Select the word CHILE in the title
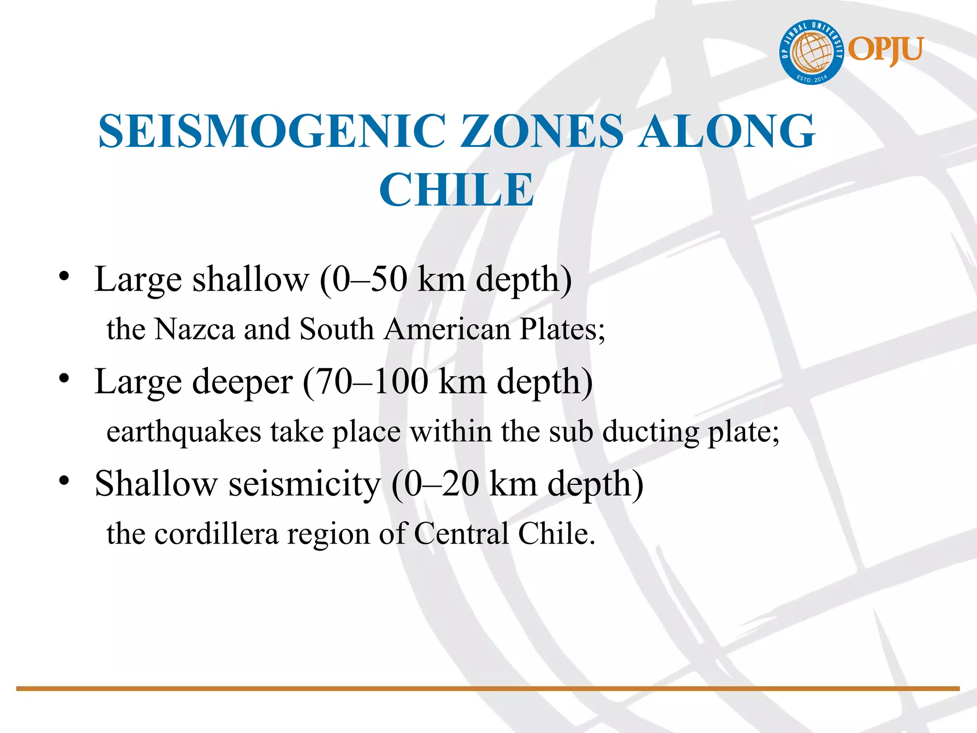[x=457, y=190]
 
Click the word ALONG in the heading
[x=727, y=131]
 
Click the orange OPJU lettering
[x=886, y=50]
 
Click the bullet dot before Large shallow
[x=64, y=276]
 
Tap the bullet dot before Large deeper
[x=64, y=378]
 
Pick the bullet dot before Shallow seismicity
[x=64, y=481]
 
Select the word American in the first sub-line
[x=447, y=329]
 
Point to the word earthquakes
[x=184, y=432]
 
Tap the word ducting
[x=650, y=432]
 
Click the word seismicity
[x=304, y=484]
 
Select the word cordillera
[x=216, y=534]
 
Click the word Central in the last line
[x=461, y=534]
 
